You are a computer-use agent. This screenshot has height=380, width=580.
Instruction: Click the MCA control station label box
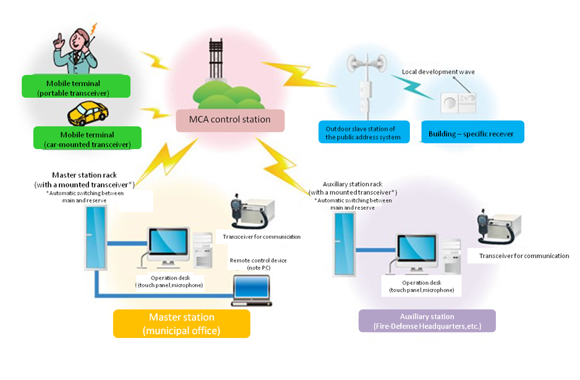230,120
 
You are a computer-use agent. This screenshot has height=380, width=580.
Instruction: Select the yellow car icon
87,114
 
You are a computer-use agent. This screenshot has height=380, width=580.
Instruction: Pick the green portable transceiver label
75,87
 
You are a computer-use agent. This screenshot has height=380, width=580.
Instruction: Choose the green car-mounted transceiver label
87,139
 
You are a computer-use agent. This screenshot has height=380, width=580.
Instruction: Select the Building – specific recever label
471,134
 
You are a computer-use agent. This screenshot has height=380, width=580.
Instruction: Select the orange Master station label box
181,324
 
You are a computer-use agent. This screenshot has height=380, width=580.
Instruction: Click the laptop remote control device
251,290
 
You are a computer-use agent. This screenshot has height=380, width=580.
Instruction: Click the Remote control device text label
258,264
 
